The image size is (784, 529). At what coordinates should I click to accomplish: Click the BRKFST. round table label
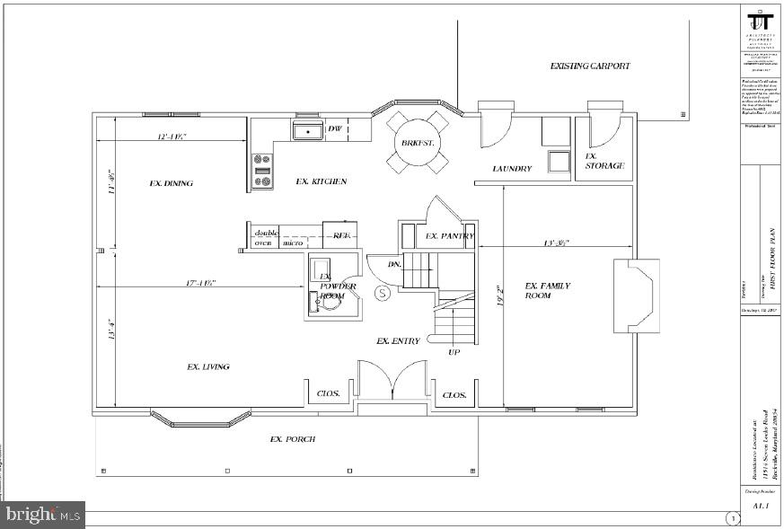tap(418, 143)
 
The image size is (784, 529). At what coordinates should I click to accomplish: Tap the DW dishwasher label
tap(334, 130)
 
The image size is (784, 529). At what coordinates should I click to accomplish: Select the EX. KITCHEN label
tap(321, 181)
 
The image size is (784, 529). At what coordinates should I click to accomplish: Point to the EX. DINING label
tap(171, 183)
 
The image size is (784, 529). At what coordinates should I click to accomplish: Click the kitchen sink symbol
tap(306, 131)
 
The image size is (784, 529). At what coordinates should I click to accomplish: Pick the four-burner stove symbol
tap(262, 170)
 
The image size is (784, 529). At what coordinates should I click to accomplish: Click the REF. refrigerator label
tap(341, 235)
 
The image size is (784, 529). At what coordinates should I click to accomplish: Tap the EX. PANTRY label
tap(450, 236)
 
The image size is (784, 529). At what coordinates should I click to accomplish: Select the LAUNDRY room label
tap(513, 169)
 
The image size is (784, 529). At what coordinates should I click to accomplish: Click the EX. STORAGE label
tap(604, 161)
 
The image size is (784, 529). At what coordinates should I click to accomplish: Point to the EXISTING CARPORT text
tap(590, 66)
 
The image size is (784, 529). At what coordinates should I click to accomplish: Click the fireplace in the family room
tap(636, 296)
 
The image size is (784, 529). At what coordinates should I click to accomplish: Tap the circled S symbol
tap(382, 292)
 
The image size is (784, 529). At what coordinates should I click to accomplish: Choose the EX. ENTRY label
tap(398, 341)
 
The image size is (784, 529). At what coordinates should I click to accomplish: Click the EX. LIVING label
tap(207, 366)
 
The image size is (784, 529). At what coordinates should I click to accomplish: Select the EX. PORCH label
tap(293, 439)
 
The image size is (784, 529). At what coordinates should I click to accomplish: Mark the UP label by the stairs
tap(454, 352)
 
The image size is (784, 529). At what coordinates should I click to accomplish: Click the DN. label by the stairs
tap(394, 265)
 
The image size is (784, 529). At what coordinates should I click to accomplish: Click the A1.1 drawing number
tap(760, 506)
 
